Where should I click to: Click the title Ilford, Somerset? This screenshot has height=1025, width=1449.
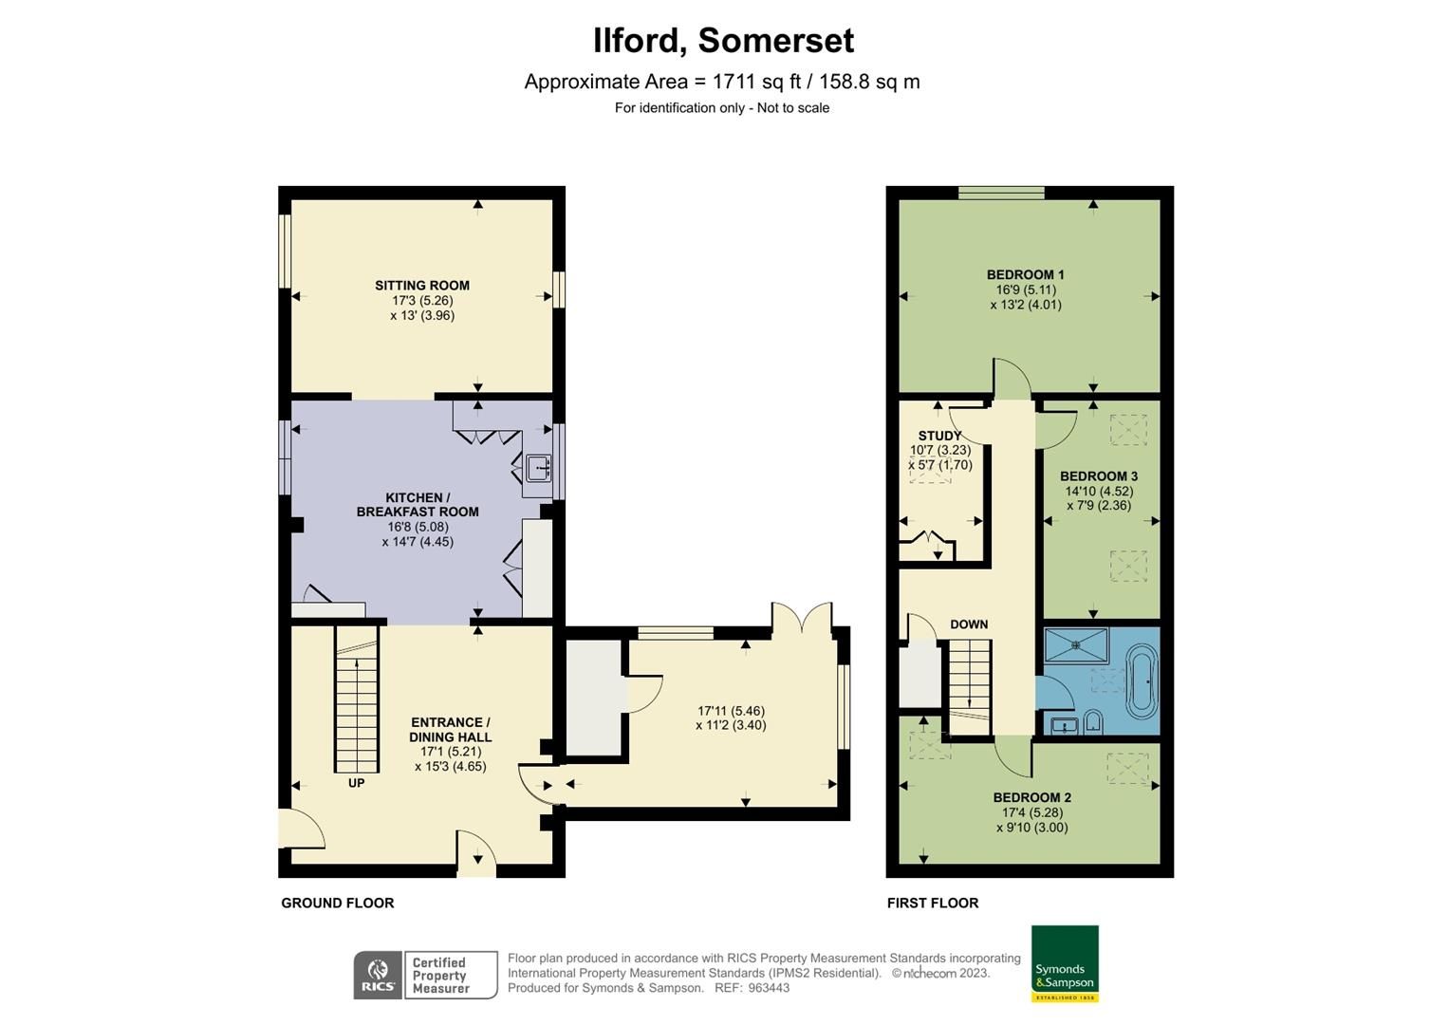(x=723, y=41)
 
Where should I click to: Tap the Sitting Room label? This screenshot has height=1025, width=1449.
(x=422, y=285)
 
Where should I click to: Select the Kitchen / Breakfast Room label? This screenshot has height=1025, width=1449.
(x=418, y=504)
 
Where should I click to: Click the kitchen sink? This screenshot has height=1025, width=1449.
(x=538, y=467)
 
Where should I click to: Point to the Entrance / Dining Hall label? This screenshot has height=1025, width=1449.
(x=450, y=729)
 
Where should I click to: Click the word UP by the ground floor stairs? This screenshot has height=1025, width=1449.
(x=356, y=783)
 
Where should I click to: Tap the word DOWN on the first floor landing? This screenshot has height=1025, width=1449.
(x=969, y=624)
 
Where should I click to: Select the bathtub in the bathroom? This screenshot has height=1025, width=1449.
(x=1142, y=680)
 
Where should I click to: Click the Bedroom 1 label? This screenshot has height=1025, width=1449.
(x=1025, y=275)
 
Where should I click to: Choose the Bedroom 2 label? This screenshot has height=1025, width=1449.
(x=1031, y=797)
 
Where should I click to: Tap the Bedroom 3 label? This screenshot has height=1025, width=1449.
(x=1098, y=476)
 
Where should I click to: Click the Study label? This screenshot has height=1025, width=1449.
(x=938, y=436)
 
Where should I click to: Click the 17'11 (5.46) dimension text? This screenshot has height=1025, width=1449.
(x=731, y=711)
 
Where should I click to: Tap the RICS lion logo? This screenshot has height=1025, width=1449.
(x=378, y=975)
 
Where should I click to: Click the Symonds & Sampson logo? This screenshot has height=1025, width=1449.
(x=1065, y=963)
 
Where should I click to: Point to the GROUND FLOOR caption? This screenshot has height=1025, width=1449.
(x=337, y=903)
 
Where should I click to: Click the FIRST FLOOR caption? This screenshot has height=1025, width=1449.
(x=932, y=903)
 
